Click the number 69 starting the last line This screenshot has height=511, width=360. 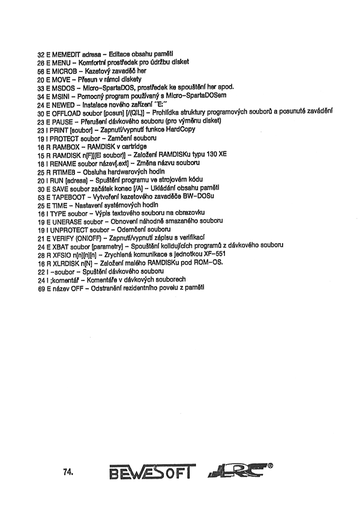pyautogui.click(x=41, y=289)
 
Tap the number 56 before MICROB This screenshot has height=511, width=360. pyautogui.click(x=41, y=70)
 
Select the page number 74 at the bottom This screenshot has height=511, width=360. pyautogui.click(x=68, y=472)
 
